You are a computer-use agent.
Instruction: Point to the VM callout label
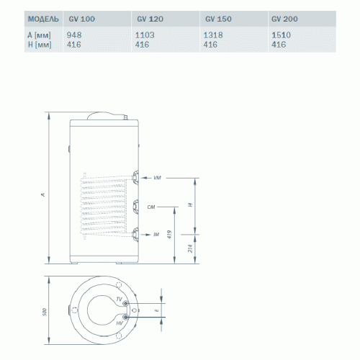(x=158, y=176)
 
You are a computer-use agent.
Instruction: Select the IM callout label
(x=156, y=234)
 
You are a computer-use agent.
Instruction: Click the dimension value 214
(x=189, y=250)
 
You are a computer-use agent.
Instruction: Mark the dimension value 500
(x=42, y=312)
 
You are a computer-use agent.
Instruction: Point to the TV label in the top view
(x=119, y=298)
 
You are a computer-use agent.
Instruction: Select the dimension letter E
(x=156, y=310)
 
